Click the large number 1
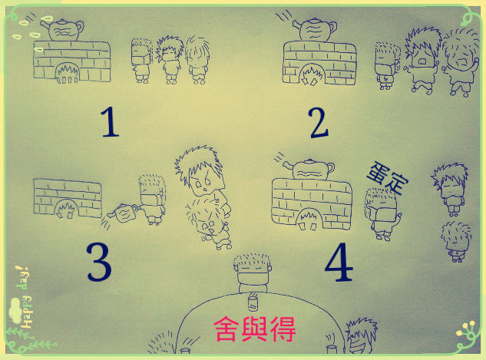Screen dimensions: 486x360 110,121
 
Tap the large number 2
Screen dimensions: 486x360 319,123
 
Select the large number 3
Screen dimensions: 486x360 99,262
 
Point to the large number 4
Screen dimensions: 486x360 339,262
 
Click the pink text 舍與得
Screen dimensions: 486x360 255,329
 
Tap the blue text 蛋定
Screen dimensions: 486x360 388,178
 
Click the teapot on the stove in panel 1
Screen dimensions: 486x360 63,30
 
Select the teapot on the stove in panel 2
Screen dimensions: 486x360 316,30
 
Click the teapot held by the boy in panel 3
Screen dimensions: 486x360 123,213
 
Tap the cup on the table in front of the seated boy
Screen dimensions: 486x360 253,302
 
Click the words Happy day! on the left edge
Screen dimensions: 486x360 25,297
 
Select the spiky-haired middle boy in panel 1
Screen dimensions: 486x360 169,60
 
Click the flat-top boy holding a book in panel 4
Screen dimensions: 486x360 382,213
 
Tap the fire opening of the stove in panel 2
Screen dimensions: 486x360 312,74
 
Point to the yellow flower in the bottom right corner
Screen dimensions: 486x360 468,331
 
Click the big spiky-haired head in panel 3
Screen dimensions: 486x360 200,171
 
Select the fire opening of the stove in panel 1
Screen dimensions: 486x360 67,73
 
